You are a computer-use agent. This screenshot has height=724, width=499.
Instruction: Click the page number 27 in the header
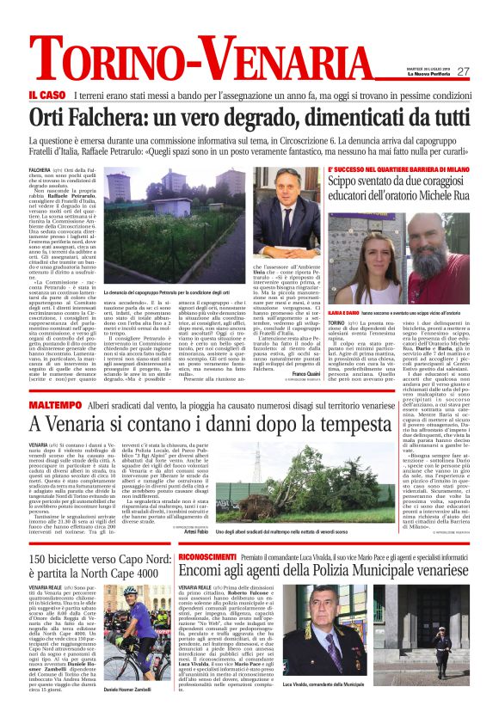point(463,71)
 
